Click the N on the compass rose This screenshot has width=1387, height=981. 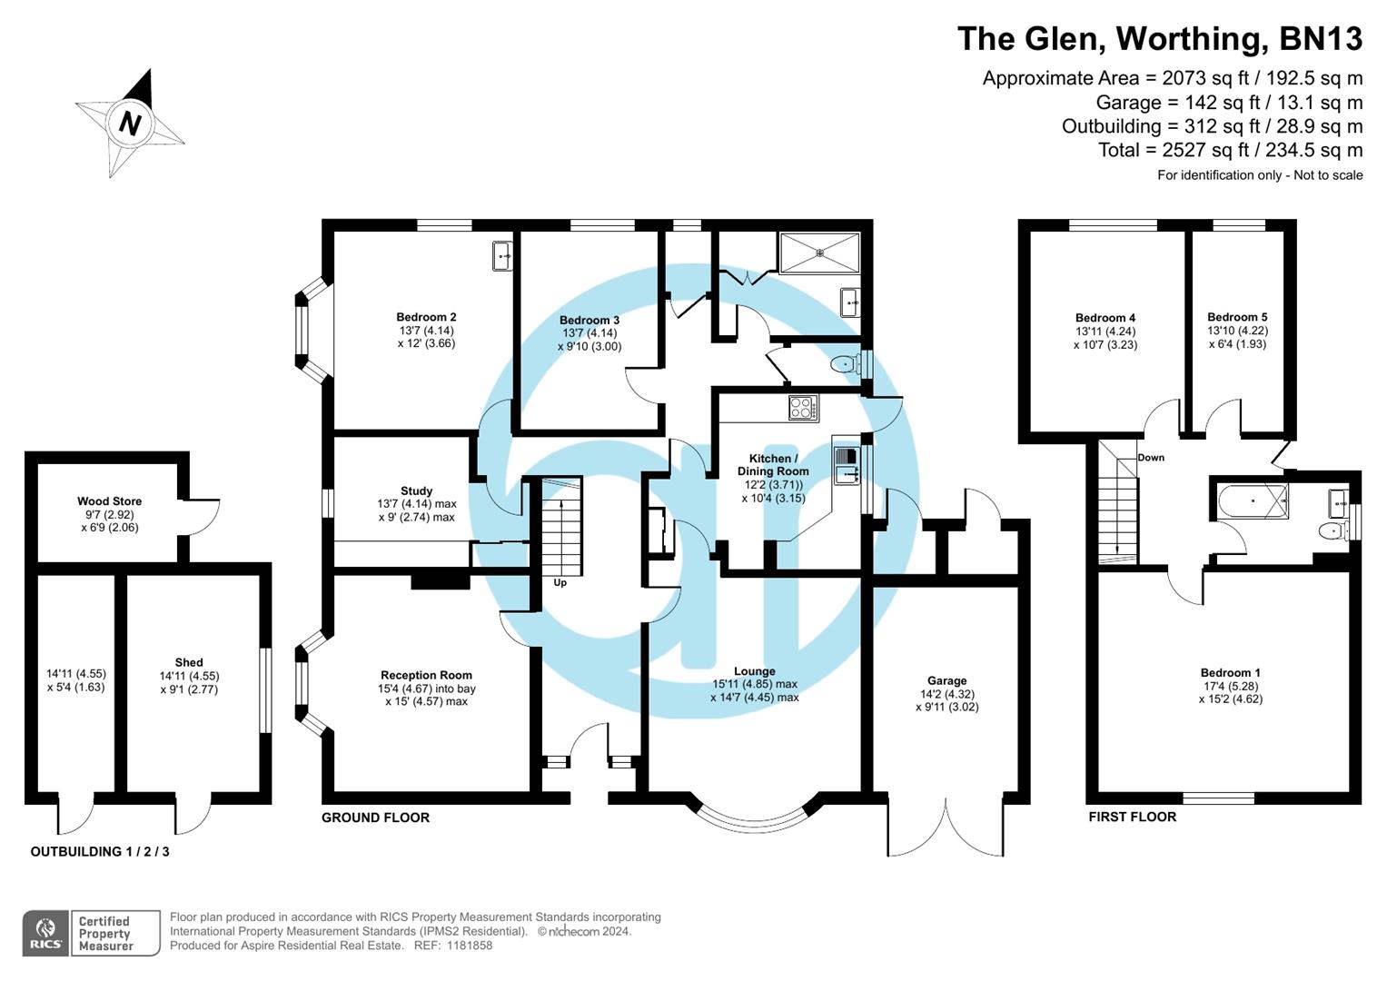pos(130,123)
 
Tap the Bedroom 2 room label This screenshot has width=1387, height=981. pos(426,317)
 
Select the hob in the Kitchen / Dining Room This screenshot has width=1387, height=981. pos(803,408)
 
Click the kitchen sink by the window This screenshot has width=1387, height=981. pos(846,463)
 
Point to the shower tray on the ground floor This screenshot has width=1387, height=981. pos(818,252)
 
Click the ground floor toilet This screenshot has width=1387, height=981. pos(845,365)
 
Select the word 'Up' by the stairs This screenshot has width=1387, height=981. pos(560,582)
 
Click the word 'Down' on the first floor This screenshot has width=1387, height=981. pos(1151,458)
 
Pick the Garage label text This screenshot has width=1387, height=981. pos(946,680)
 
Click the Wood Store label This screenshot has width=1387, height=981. pos(109,500)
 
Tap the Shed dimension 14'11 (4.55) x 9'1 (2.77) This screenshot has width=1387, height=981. pos(189,683)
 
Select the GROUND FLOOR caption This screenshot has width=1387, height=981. pos(375,817)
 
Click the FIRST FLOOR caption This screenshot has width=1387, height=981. pos(1132,817)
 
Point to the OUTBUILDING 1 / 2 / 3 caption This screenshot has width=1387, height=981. pos(100,852)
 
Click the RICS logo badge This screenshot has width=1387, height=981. pos(45,933)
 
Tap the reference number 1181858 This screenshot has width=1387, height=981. pos(465,946)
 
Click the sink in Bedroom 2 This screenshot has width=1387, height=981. pos(502,255)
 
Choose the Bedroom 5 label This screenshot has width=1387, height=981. pos(1237,317)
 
